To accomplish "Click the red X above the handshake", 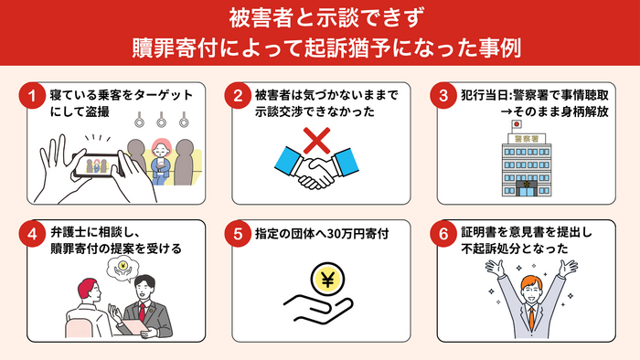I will click(x=316, y=142).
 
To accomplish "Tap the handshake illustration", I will click(x=316, y=171).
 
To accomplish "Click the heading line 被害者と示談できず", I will click(x=320, y=17).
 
